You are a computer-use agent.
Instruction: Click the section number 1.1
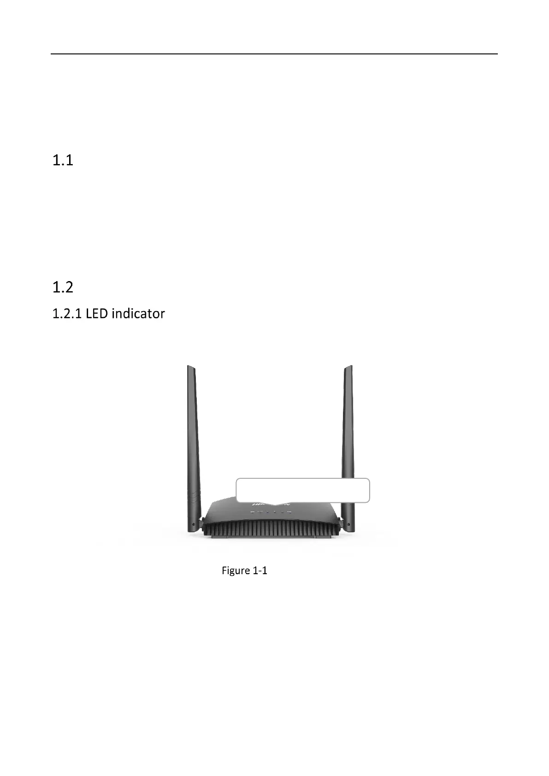tap(63, 160)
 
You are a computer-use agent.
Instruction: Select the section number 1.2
tap(63, 288)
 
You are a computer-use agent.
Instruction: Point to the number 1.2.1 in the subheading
tap(67, 314)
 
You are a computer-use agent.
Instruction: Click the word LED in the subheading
tap(97, 314)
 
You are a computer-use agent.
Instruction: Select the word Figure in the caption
tap(236, 570)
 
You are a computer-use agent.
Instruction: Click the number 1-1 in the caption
tap(260, 570)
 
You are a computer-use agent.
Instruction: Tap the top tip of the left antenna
tap(189, 367)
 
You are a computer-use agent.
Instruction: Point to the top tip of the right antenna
tap(350, 367)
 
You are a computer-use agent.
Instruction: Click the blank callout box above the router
tap(302, 490)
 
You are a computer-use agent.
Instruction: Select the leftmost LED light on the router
tap(252, 512)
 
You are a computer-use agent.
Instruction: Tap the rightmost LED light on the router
tap(289, 512)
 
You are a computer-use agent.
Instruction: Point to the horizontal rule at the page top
tap(274, 54)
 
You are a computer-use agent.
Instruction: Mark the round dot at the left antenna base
tap(194, 524)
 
